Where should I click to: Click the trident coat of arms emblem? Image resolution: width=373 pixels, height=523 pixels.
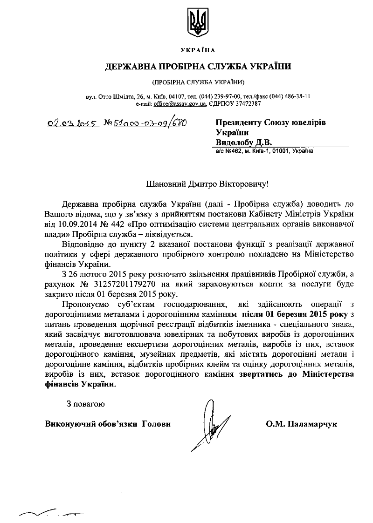(198, 23)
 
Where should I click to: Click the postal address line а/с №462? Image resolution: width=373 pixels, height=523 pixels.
(264, 151)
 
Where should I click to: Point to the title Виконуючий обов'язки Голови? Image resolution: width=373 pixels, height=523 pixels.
(108, 424)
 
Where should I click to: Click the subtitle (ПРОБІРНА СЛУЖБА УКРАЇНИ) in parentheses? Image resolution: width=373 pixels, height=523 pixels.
(198, 82)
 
